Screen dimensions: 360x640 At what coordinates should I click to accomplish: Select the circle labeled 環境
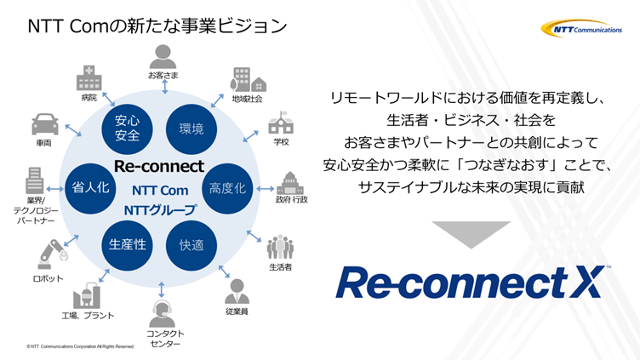[x=191, y=129]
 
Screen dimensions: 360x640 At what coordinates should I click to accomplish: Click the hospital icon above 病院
[x=89, y=79]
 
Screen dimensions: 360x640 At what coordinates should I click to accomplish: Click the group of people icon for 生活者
[x=279, y=248]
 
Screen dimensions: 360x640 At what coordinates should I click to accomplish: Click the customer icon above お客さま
[x=161, y=56]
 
